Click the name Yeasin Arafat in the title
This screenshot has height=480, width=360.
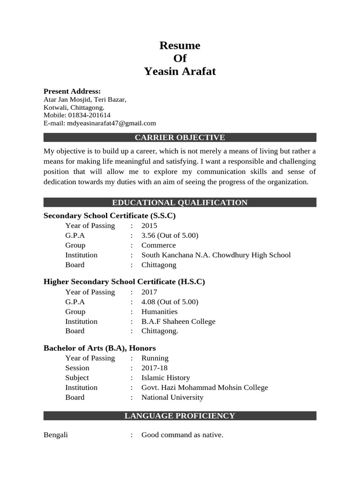tap(180, 71)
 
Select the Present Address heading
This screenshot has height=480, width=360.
tap(72, 91)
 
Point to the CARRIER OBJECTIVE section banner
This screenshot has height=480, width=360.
tap(180, 137)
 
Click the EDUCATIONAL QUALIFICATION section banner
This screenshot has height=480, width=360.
tap(180, 202)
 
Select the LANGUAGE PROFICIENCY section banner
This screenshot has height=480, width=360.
tap(180, 416)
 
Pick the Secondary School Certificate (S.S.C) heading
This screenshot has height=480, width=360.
tap(110, 216)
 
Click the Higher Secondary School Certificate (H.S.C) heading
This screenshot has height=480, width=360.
tap(124, 282)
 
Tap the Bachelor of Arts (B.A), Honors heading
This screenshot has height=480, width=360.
tap(99, 348)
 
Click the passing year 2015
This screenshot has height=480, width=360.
tap(150, 225)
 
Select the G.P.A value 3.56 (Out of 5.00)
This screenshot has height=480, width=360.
tap(170, 235)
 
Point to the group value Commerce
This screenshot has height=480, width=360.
tap(158, 245)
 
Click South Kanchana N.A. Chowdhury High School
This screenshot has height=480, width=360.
tap(216, 255)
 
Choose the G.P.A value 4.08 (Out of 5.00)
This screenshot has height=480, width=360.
tap(170, 302)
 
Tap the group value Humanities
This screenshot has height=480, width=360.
tap(159, 312)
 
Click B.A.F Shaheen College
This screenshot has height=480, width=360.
tap(179, 322)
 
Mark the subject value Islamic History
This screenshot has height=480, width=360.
tap(165, 378)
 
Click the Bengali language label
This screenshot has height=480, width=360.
tap(56, 435)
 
